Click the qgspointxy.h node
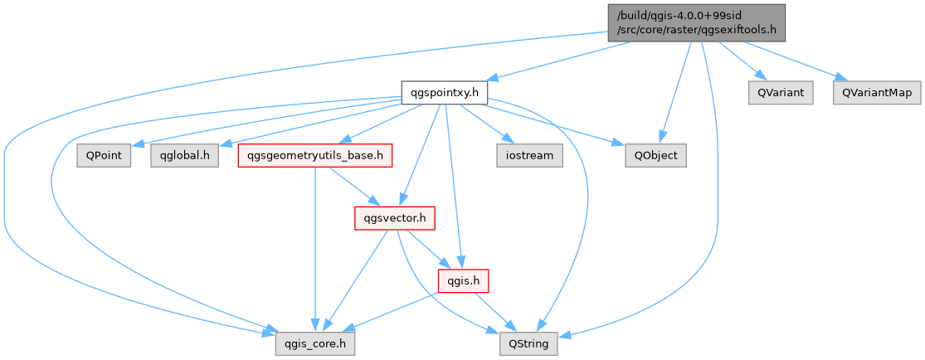coord(444,92)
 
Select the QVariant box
coord(781,92)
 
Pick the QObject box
coord(656,155)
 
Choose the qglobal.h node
coord(184,155)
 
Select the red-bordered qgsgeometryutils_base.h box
coord(314,155)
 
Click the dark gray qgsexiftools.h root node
coord(696,22)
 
